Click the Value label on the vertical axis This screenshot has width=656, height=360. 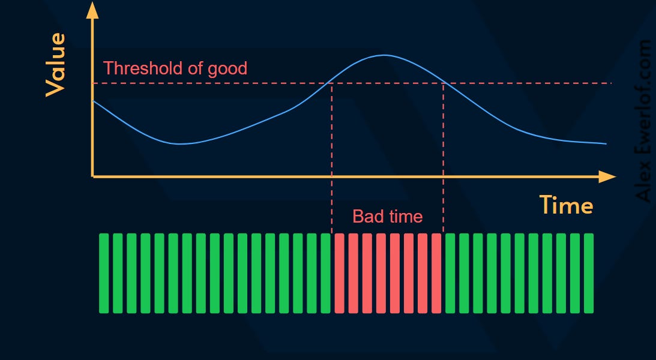55,65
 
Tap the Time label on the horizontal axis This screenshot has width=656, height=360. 566,205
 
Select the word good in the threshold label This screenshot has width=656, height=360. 227,68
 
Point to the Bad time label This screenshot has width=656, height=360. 387,216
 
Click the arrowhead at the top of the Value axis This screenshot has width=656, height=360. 92,10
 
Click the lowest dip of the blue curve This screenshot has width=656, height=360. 179,143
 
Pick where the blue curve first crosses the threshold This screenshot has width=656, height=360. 332,83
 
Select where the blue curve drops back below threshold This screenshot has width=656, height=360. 443,83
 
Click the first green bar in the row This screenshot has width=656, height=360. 104,273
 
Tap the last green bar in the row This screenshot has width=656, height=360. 589,273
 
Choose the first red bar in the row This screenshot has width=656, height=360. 339,273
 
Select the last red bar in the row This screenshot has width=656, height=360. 436,273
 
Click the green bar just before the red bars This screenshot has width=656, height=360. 325,273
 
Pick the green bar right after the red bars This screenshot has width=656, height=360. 450,273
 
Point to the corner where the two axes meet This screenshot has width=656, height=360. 92,176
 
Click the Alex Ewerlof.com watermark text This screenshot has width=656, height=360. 644,120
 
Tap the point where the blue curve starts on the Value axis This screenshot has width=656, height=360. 94,101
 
